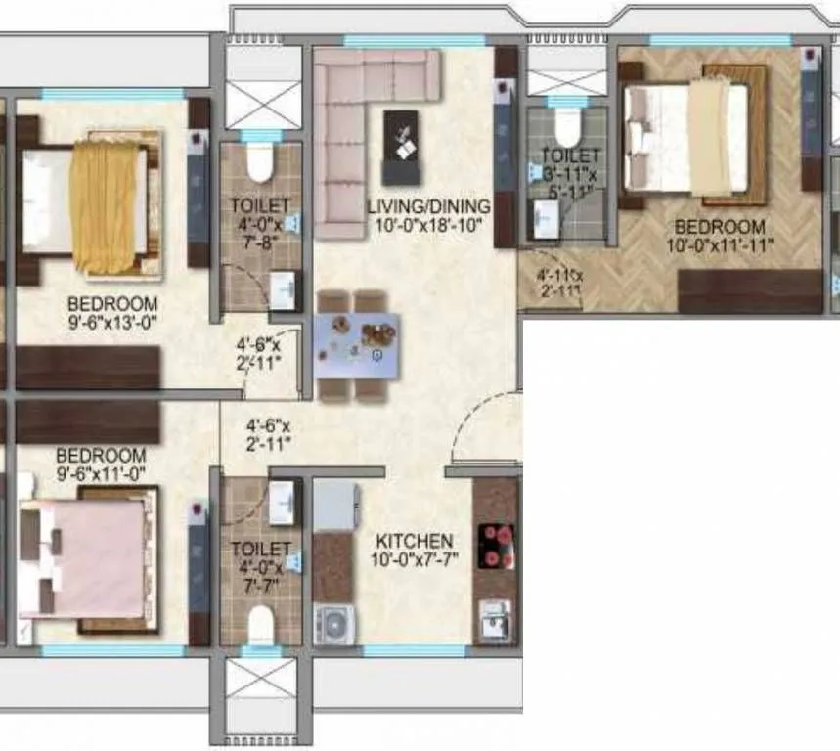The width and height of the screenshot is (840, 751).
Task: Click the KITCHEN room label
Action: [x=415, y=541]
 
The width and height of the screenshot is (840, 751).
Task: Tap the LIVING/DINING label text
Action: [x=428, y=206]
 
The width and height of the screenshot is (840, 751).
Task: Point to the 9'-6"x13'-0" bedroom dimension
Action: [x=112, y=318]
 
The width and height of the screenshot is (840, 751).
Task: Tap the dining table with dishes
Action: [x=356, y=344]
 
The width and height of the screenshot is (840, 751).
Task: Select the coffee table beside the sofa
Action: [x=399, y=147]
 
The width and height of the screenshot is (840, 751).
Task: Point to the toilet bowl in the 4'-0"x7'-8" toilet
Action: [x=259, y=162]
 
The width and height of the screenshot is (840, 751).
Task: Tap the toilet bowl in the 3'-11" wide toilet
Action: [x=568, y=125]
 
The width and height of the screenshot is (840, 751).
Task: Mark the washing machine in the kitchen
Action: [x=332, y=624]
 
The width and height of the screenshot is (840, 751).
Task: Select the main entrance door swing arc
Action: [x=485, y=425]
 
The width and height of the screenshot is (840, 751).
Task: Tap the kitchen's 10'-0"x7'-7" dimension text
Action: [x=415, y=560]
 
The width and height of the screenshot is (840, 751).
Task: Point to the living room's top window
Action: [x=415, y=42]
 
